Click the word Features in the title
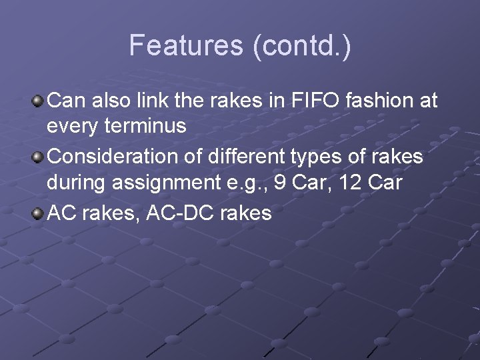pyautogui.click(x=187, y=45)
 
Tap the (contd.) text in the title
pyautogui.click(x=301, y=45)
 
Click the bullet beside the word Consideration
pyautogui.click(x=38, y=157)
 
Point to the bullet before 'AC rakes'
pyautogui.click(x=38, y=213)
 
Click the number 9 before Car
pyautogui.click(x=281, y=183)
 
